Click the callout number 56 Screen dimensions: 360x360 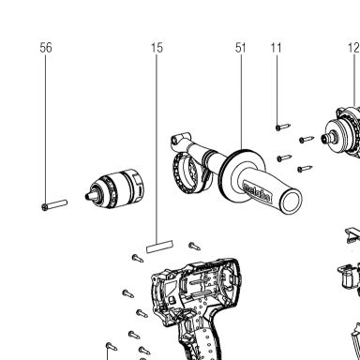(46, 48)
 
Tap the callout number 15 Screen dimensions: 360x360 (157, 48)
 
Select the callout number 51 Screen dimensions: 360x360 (241, 48)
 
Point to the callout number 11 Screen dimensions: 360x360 (277, 48)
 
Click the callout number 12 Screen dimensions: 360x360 (353, 48)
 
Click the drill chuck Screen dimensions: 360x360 (115, 189)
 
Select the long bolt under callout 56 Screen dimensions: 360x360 (54, 205)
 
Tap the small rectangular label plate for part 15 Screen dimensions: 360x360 (159, 247)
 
